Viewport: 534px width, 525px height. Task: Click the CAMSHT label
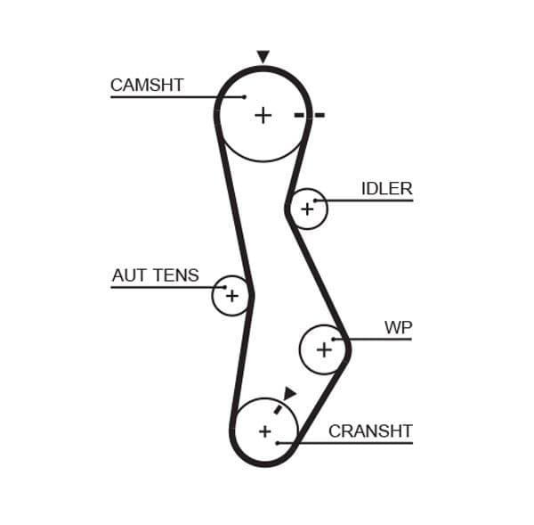pyautogui.click(x=147, y=86)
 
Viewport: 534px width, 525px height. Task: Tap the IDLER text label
pyautogui.click(x=386, y=189)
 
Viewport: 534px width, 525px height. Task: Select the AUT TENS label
pyautogui.click(x=155, y=276)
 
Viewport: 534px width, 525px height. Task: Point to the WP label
pyautogui.click(x=398, y=328)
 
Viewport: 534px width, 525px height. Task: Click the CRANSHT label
pyautogui.click(x=370, y=431)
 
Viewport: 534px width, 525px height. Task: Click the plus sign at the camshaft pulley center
pyautogui.click(x=263, y=115)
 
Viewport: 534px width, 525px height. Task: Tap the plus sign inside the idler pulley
pyautogui.click(x=307, y=209)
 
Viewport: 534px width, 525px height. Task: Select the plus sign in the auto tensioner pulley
pyautogui.click(x=231, y=296)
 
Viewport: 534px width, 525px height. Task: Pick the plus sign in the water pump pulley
pyautogui.click(x=324, y=350)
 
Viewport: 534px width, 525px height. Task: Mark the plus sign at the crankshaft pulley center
pyautogui.click(x=264, y=431)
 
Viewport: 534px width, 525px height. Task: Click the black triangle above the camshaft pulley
pyautogui.click(x=263, y=57)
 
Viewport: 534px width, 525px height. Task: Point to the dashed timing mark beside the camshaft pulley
pyautogui.click(x=310, y=115)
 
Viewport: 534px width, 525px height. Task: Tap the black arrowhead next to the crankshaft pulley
pyautogui.click(x=289, y=393)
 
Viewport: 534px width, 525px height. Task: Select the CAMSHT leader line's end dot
pyautogui.click(x=244, y=96)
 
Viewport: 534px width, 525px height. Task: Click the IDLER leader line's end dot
pyautogui.click(x=315, y=201)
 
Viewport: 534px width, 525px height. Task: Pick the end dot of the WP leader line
pyautogui.click(x=334, y=339)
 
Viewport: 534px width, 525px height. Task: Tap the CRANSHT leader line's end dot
pyautogui.click(x=279, y=442)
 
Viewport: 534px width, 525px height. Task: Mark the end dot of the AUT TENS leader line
pyautogui.click(x=225, y=287)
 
